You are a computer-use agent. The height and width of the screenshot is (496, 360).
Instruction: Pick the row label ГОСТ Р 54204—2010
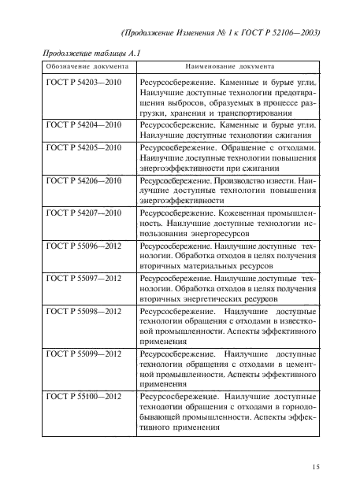(84, 125)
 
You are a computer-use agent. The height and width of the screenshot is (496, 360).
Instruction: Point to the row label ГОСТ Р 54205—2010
(84, 147)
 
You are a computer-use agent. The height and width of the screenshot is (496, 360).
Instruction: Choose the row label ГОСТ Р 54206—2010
(84, 180)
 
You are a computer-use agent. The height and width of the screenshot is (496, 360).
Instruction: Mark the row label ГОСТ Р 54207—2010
(84, 213)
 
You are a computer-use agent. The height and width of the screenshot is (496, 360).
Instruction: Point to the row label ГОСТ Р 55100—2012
(84, 397)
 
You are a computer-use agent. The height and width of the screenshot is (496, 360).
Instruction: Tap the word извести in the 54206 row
(275, 180)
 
